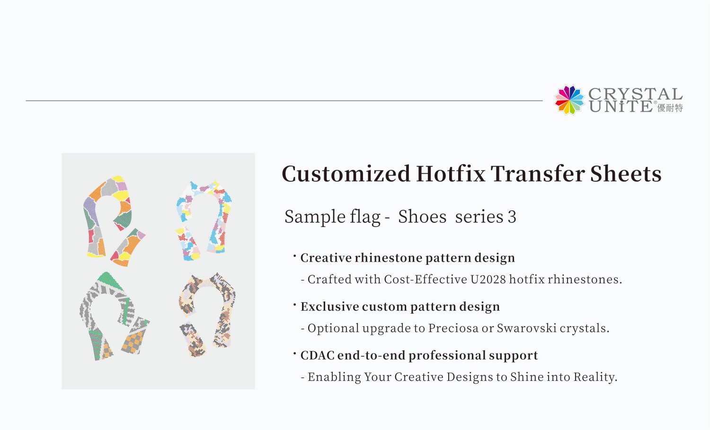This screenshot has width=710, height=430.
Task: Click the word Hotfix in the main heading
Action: tap(451, 174)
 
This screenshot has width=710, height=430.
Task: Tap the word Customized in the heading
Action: tap(346, 174)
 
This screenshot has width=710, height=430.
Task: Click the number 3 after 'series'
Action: tap(512, 217)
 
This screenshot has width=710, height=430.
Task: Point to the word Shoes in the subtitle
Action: tap(422, 217)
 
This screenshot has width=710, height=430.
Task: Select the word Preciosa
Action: tap(453, 328)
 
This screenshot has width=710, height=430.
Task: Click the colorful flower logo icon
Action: tap(569, 100)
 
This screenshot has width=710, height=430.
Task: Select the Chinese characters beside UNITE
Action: tap(670, 108)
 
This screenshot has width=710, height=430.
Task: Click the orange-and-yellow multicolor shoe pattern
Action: tap(113, 220)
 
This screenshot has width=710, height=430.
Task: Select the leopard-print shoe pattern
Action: tap(207, 315)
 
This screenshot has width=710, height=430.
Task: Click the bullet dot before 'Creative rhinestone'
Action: tap(294, 256)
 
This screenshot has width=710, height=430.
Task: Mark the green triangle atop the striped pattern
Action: tap(108, 280)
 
